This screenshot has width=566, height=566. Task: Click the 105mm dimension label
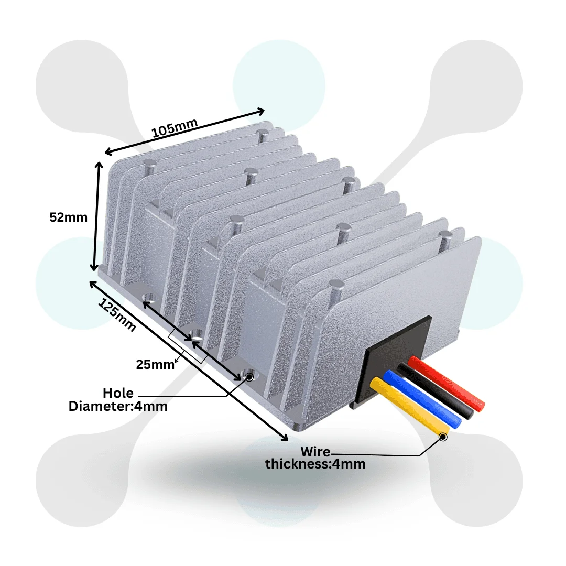point(175,128)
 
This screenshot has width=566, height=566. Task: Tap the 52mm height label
point(68,217)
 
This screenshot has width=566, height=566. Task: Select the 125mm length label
point(117,317)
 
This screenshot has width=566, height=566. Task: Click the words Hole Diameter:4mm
point(118,399)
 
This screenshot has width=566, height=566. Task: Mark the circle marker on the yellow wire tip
point(443,436)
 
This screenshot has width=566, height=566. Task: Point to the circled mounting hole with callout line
point(249,376)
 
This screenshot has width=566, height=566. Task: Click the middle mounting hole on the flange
point(197,334)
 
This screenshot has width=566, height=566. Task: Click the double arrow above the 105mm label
point(184,131)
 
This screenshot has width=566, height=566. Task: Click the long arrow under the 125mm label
point(189,362)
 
